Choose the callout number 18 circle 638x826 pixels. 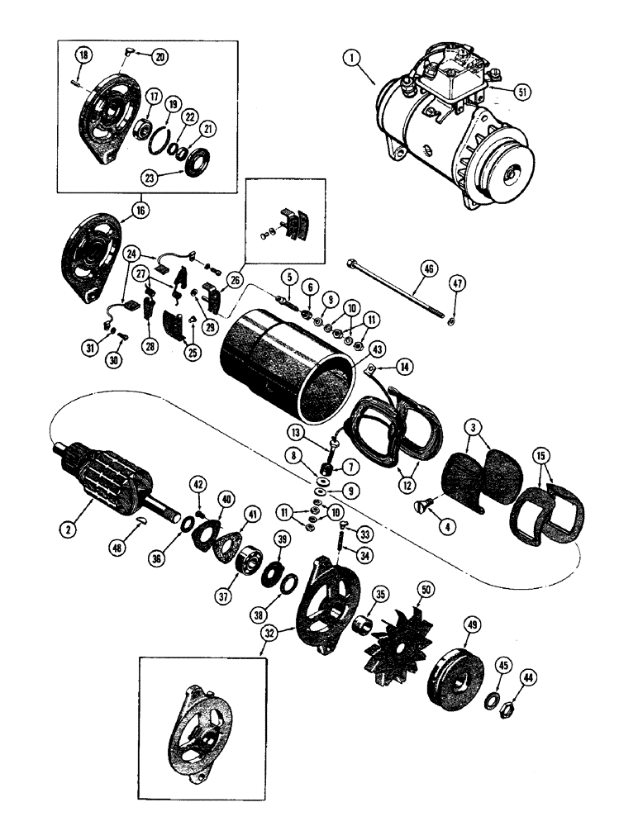click(x=84, y=55)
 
